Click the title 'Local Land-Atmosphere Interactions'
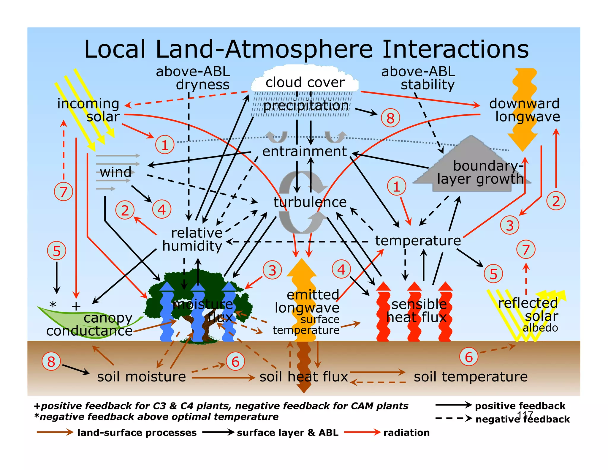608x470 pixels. (x=306, y=49)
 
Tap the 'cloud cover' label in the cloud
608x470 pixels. (x=305, y=82)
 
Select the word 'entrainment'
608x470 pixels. (x=304, y=152)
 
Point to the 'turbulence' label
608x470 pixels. (x=310, y=202)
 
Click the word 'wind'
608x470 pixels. (x=115, y=172)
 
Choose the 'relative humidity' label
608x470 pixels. (x=193, y=239)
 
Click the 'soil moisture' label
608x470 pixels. (x=141, y=377)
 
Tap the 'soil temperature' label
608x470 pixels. (x=471, y=377)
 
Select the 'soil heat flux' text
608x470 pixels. (x=303, y=377)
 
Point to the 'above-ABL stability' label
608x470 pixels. (x=419, y=78)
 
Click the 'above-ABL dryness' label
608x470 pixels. (x=194, y=78)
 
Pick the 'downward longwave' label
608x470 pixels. (x=525, y=110)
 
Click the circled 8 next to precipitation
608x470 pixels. (x=390, y=118)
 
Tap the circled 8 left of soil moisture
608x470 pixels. (x=51, y=362)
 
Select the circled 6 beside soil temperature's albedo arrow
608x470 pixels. (x=469, y=357)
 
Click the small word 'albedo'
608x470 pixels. (x=540, y=328)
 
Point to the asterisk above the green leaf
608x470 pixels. (x=53, y=305)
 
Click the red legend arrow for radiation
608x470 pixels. (x=362, y=432)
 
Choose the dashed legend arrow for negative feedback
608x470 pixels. (x=453, y=419)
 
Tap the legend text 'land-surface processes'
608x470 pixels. (x=137, y=433)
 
